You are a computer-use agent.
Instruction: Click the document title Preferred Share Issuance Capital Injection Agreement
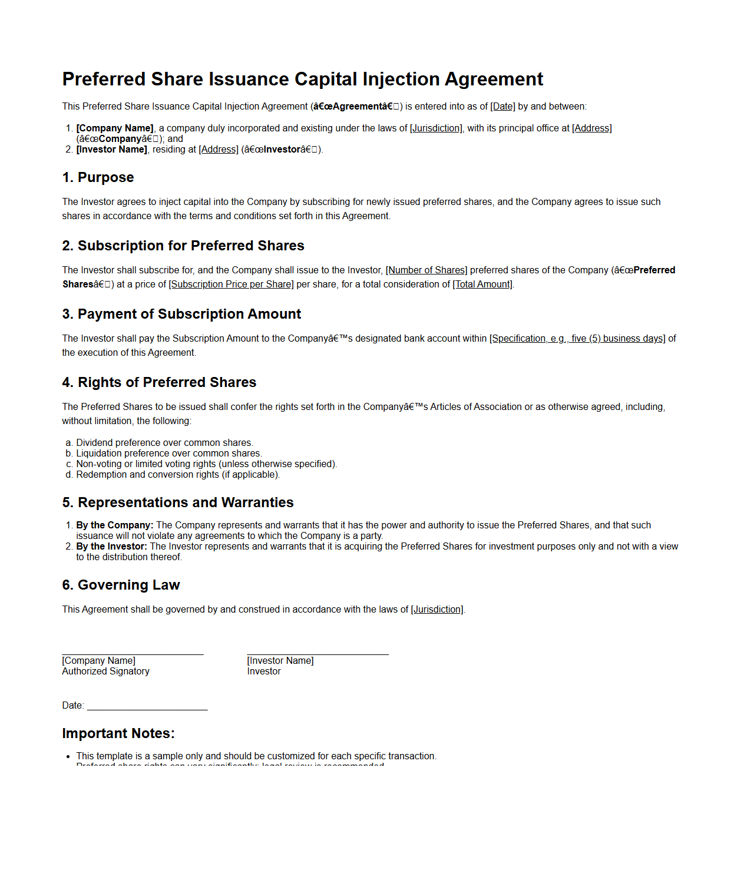[302, 79]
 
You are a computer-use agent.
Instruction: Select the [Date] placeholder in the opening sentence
[502, 107]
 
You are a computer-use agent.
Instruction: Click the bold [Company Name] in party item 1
[115, 128]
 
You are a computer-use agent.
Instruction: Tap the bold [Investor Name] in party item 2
[111, 150]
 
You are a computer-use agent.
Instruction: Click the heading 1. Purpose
[98, 177]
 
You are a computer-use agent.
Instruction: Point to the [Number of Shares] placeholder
[426, 270]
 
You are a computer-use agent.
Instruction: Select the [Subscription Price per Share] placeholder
[231, 285]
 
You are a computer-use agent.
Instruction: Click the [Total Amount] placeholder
[482, 285]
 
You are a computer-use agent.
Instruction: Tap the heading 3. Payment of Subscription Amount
[181, 314]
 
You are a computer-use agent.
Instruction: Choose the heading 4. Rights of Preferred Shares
[159, 382]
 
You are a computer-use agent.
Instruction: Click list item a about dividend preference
[164, 443]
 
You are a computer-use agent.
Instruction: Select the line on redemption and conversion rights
[178, 475]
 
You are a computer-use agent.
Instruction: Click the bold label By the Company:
[115, 525]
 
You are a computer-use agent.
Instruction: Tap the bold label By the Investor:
[111, 547]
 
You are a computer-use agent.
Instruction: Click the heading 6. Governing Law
[121, 585]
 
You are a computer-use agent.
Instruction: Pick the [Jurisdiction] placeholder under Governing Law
[437, 610]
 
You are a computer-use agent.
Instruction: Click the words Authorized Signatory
[105, 671]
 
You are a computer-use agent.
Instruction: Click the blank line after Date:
[147, 706]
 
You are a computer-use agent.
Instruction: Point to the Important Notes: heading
[118, 733]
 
